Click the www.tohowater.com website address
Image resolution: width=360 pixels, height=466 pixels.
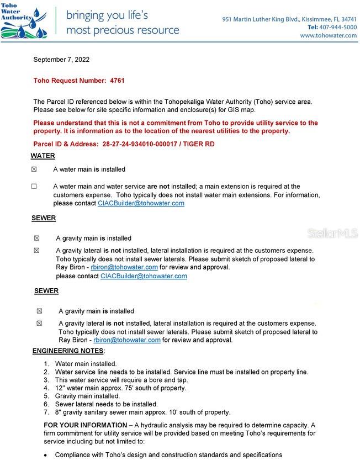pos(329,35)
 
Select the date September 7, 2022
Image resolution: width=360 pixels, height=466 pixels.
pos(61,60)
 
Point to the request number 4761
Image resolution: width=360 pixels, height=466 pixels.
pos(117,81)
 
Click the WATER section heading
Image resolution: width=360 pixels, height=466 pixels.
pos(43,156)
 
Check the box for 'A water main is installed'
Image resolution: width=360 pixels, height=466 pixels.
pos(34,170)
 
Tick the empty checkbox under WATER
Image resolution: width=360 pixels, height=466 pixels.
pos(34,187)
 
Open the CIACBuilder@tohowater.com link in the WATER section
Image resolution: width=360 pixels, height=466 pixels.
pos(141,203)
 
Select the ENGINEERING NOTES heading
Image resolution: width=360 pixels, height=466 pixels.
pos(68,351)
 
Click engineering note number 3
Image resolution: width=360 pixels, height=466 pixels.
pos(121,380)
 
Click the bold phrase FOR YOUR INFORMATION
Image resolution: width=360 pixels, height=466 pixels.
pos(85,425)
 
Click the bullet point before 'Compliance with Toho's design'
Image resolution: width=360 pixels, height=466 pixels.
pos(47,455)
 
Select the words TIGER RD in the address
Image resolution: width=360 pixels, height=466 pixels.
pos(200,144)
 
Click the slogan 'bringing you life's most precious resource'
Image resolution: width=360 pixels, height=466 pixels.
pos(122,23)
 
